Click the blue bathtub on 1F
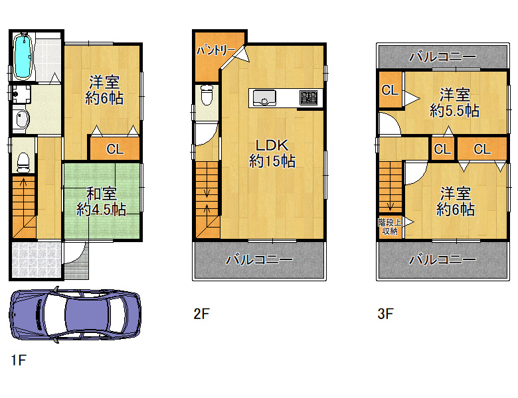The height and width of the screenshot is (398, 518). [24, 57]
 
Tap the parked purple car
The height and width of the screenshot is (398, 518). [76, 314]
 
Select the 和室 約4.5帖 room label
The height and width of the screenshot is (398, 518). [101, 202]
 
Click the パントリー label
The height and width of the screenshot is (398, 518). [216, 50]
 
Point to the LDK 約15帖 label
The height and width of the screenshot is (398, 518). [272, 153]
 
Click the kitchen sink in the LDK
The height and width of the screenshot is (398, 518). [264, 98]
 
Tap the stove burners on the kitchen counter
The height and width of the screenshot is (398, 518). [309, 98]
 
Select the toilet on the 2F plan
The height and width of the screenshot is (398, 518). [207, 94]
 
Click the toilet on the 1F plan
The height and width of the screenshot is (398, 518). [23, 163]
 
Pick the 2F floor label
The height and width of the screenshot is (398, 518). [201, 314]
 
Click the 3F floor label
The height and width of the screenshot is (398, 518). [385, 314]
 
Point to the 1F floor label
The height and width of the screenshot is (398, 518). [19, 360]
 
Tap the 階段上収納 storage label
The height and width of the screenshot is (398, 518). [390, 226]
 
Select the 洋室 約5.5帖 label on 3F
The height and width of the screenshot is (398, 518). [454, 103]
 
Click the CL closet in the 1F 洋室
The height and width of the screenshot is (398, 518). [115, 149]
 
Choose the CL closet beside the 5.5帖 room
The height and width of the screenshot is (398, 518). [390, 90]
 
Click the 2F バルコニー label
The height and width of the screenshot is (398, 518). [259, 260]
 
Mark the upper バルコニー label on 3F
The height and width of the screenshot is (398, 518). [443, 57]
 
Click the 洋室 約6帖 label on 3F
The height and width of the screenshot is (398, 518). [455, 201]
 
